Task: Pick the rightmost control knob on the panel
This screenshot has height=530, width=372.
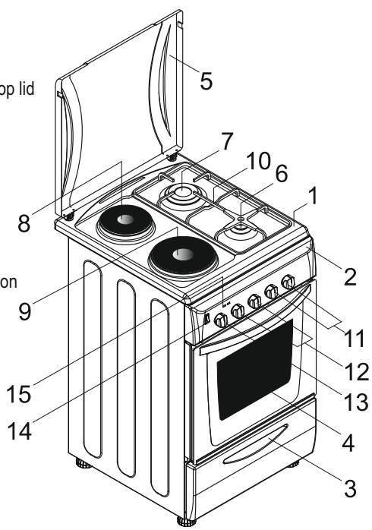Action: tap(287, 282)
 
